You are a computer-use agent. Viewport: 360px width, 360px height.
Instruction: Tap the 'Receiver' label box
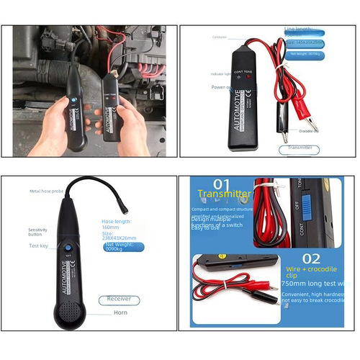[119, 298]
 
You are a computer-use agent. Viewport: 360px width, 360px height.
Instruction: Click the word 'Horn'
[120, 313]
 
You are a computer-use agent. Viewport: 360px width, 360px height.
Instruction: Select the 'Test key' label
[38, 245]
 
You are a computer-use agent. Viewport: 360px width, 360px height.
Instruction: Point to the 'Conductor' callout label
[220, 37]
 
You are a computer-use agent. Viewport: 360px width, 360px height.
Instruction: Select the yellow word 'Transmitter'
[224, 194]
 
